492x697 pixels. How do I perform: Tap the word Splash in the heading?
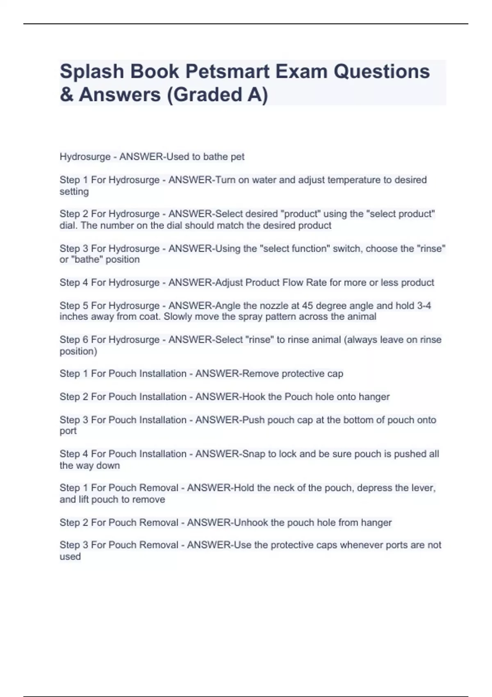tap(92, 72)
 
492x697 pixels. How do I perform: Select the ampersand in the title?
tap(66, 95)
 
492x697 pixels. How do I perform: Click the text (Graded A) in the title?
tap(217, 95)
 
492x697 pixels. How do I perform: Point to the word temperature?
tap(355, 180)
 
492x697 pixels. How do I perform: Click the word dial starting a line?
tap(68, 225)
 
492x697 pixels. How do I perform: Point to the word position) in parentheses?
tap(78, 351)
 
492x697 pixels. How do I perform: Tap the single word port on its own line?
tap(68, 431)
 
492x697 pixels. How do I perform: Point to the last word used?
tap(70, 557)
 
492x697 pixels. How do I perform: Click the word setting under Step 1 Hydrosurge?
tap(74, 191)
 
